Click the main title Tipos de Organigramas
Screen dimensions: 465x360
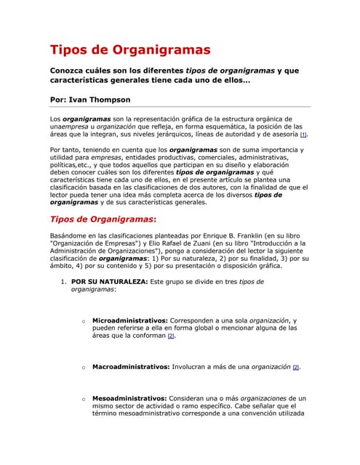coord(130,50)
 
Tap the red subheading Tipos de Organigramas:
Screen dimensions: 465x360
coord(103,219)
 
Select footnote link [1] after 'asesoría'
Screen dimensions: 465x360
coord(303,135)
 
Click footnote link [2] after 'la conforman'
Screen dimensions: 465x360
coord(170,336)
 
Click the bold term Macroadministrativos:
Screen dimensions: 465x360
coord(131,367)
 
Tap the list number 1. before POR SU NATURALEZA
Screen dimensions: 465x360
coord(64,280)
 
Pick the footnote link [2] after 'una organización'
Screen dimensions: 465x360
coord(296,368)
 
